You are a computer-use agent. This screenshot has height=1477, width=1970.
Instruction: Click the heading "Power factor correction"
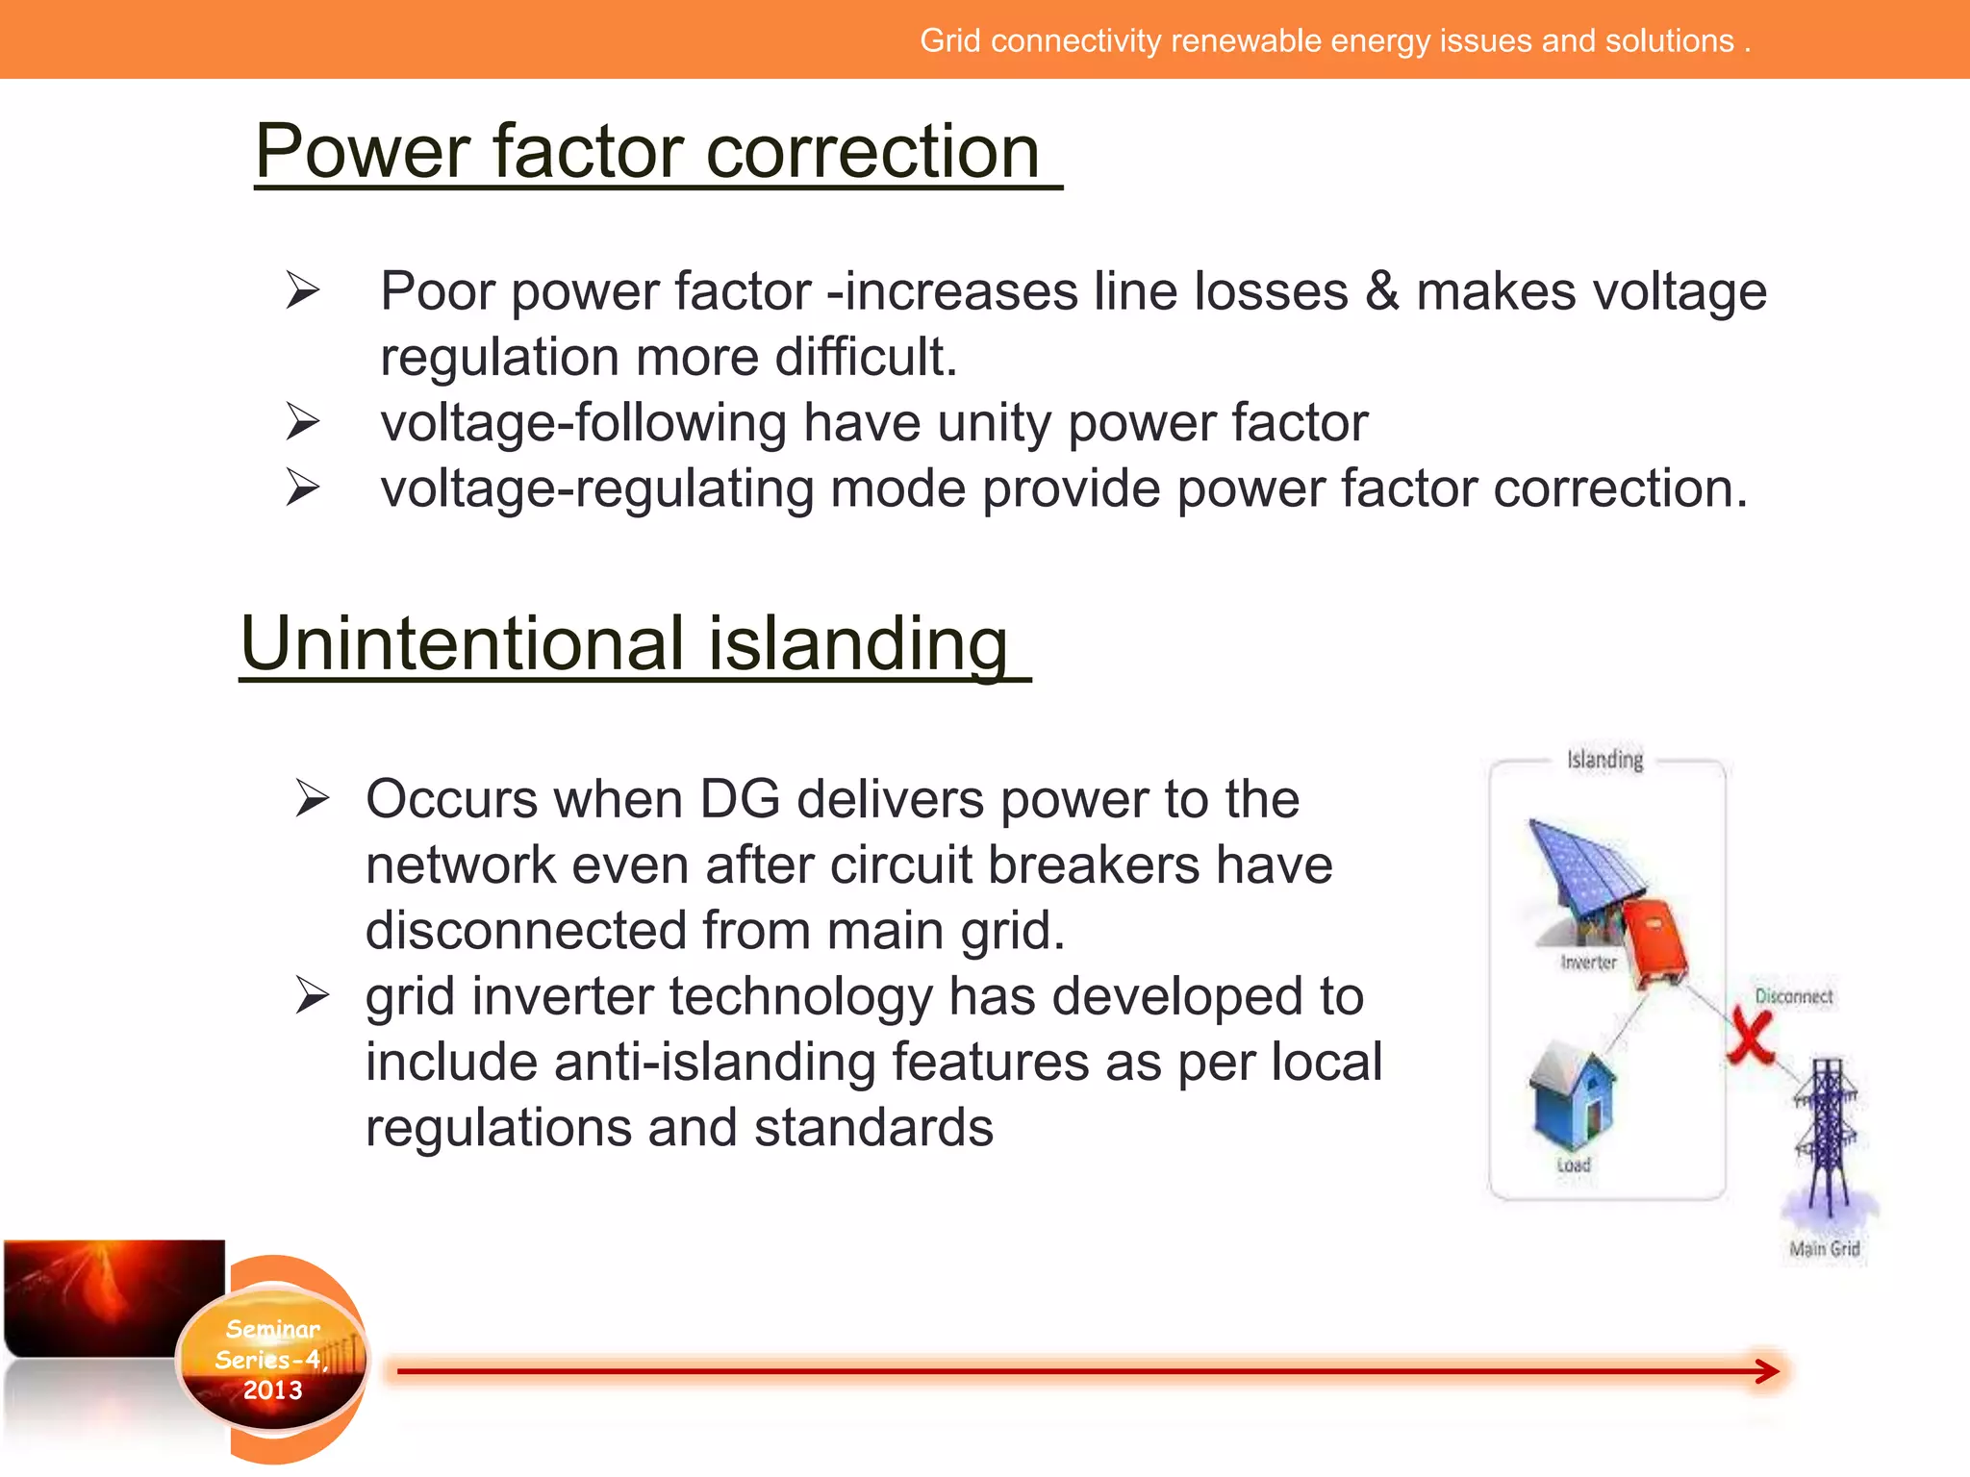(647, 152)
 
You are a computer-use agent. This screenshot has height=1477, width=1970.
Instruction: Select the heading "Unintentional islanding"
(624, 644)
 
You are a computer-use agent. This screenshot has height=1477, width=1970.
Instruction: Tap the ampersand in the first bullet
(1381, 291)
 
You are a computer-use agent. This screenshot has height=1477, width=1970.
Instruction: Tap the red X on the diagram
(1749, 1037)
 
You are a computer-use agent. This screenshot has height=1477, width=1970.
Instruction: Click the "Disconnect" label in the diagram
(1793, 996)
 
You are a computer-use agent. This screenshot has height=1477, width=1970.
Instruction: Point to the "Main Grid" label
(1824, 1249)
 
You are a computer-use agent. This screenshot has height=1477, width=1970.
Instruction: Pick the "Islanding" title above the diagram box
(1604, 760)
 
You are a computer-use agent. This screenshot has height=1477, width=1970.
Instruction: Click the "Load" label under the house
(1574, 1165)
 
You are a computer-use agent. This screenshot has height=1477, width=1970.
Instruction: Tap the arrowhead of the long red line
(1767, 1371)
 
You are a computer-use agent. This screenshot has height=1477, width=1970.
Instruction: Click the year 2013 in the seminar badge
(272, 1390)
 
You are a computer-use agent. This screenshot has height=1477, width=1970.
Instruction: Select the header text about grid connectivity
(1334, 41)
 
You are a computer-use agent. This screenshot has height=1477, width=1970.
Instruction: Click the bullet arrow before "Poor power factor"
(302, 290)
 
